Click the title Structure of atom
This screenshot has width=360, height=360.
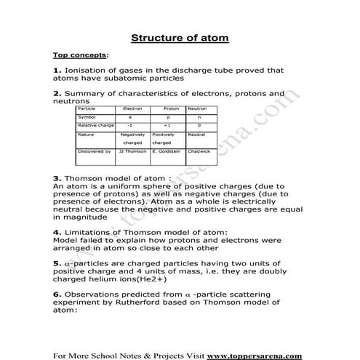click(x=179, y=38)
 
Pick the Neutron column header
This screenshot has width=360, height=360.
click(x=197, y=108)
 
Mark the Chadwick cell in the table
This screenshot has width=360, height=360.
click(x=198, y=151)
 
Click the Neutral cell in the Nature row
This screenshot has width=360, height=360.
click(x=196, y=135)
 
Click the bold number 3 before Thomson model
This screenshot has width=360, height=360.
click(x=57, y=177)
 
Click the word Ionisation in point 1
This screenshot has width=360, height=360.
click(x=87, y=71)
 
